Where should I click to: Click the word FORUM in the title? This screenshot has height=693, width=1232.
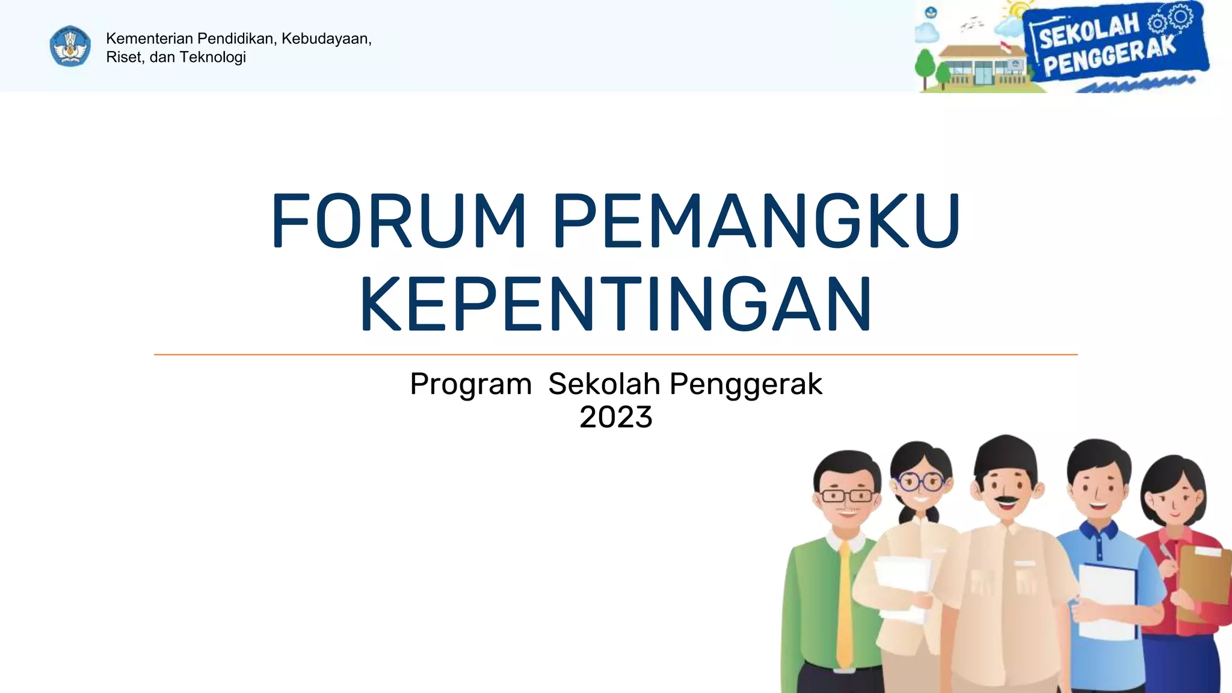pyautogui.click(x=399, y=220)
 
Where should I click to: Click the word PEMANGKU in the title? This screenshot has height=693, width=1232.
pyautogui.click(x=756, y=220)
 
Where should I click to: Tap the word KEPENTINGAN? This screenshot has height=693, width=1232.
pyautogui.click(x=615, y=304)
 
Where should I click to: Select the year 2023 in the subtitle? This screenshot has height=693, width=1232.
pyautogui.click(x=615, y=417)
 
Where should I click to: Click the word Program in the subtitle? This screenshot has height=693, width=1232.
pyautogui.click(x=470, y=384)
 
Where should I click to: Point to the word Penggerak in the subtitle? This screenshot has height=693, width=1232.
pyautogui.click(x=745, y=384)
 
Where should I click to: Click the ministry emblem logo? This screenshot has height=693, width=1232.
pyautogui.click(x=70, y=46)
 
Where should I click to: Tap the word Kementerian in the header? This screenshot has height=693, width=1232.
pyautogui.click(x=149, y=38)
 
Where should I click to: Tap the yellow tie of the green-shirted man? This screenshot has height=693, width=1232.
pyautogui.click(x=845, y=602)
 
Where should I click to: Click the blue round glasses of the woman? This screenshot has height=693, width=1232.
pyautogui.click(x=920, y=481)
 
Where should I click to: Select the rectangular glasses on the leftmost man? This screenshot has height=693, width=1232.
pyautogui.click(x=847, y=496)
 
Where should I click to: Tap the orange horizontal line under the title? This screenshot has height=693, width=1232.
pyautogui.click(x=615, y=355)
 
